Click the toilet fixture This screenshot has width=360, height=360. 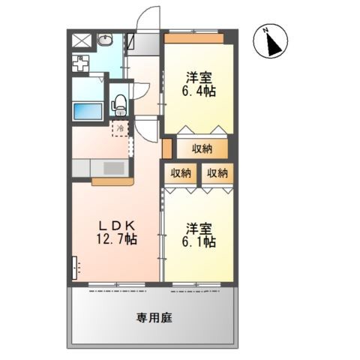point(120,105)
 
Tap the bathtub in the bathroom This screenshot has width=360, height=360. point(88,112)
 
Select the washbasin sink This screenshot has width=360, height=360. point(105,40)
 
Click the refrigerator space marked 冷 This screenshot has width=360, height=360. point(120,128)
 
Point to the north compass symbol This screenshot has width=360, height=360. point(271,41)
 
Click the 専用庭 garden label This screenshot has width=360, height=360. point(154,318)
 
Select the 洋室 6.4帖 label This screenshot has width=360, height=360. point(199,84)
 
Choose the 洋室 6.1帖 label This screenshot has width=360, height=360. point(199,235)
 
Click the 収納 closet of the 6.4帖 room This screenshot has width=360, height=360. point(202,148)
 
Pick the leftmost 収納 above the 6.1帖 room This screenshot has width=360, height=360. point(181,173)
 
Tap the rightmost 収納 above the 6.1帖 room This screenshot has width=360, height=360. point(217,173)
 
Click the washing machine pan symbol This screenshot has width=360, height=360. point(80,63)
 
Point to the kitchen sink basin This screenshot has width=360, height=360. point(114,168)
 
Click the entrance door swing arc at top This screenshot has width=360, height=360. point(148,16)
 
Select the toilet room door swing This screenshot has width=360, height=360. point(141,91)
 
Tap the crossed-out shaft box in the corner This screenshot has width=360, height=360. point(82,40)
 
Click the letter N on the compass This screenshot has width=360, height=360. point(266,31)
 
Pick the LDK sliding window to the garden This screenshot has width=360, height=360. point(117,284)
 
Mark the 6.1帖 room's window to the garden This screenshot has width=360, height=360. point(196,284)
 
